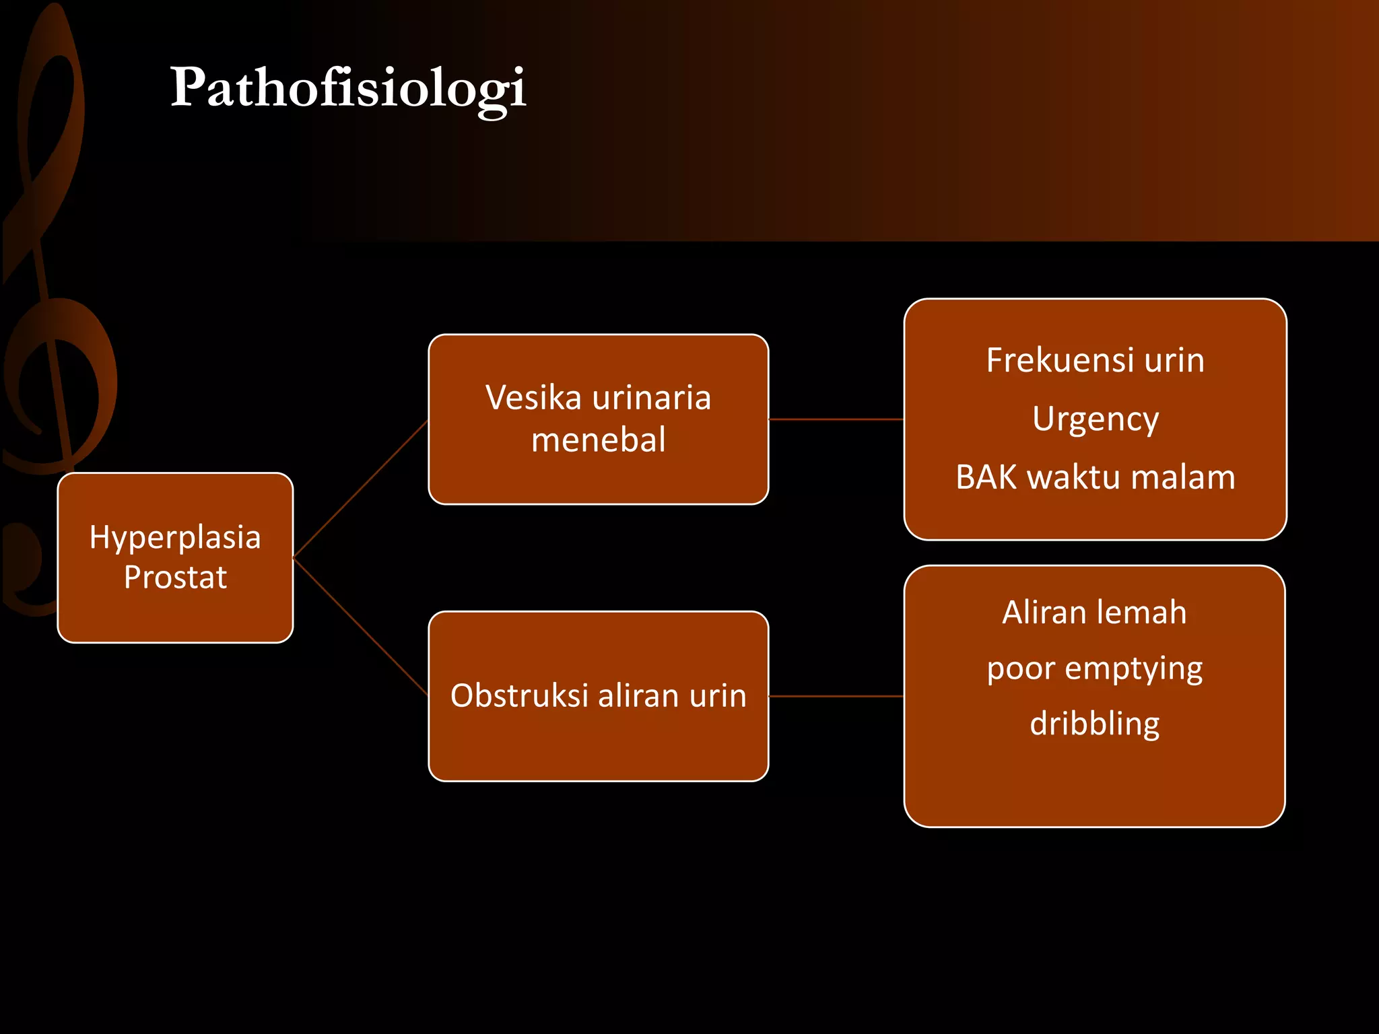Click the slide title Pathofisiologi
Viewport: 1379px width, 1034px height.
click(x=347, y=88)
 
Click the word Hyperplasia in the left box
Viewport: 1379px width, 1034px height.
click(x=175, y=537)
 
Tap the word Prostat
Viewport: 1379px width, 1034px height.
click(x=175, y=578)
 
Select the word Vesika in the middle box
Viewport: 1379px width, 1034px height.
click(x=533, y=397)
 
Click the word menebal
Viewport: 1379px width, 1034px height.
click(x=598, y=440)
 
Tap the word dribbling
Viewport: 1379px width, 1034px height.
click(x=1095, y=724)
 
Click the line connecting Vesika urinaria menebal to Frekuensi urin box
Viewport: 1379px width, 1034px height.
click(x=836, y=419)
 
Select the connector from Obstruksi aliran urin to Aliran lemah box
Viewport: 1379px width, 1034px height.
click(x=836, y=696)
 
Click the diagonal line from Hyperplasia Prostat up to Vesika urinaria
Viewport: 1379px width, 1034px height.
click(x=360, y=489)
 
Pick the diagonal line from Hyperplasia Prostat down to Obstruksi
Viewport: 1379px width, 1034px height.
click(x=360, y=627)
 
